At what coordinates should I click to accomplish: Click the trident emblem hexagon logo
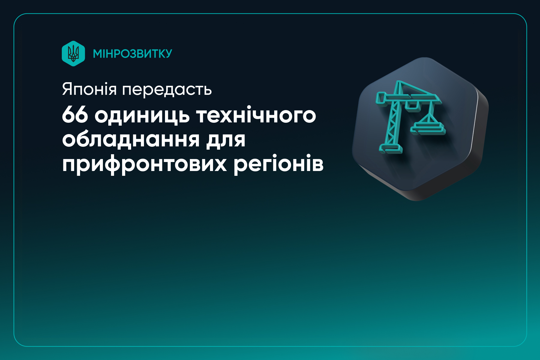pos(73,53)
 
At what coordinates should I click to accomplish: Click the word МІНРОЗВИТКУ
pos(132,54)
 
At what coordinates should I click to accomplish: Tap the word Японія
pos(89,89)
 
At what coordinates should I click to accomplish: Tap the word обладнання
pos(131,140)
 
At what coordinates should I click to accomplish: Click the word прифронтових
pos(144,164)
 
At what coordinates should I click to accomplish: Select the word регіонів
pos(278,164)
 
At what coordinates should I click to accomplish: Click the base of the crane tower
pos(390,148)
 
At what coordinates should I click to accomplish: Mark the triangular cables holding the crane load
pos(429,115)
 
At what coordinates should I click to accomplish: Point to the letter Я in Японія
pos(67,89)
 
